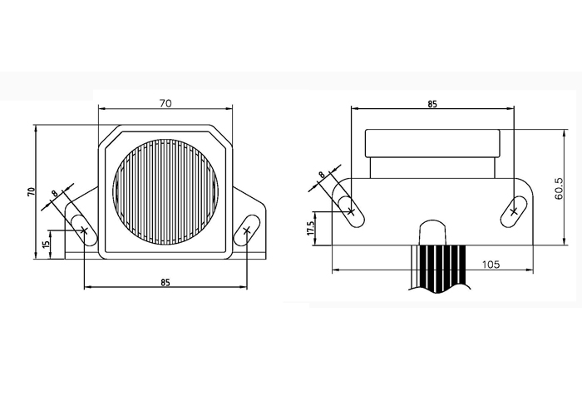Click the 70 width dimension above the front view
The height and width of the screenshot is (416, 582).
[165, 103]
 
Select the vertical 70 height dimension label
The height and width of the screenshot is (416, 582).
[32, 191]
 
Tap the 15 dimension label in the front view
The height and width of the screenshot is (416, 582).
[46, 245]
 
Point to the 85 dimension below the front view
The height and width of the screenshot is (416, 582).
[165, 282]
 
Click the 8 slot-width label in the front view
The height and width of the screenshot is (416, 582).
[55, 194]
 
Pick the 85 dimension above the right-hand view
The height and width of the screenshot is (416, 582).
[432, 104]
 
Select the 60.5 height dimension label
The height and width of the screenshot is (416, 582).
[559, 188]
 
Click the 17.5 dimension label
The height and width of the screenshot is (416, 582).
[311, 228]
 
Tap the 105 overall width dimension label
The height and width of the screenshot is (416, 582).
[491, 265]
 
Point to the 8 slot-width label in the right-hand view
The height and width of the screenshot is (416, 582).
[322, 174]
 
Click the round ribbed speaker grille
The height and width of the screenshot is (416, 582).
[165, 192]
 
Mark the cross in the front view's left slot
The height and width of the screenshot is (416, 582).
[84, 230]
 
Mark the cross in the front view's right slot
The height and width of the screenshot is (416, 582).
[247, 230]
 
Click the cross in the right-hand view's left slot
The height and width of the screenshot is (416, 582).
[351, 211]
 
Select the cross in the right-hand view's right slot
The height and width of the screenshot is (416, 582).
[514, 211]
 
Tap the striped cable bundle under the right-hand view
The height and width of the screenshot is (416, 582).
[440, 268]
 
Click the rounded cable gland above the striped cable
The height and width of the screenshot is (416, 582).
[432, 232]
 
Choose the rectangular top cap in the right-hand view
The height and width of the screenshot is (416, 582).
[432, 143]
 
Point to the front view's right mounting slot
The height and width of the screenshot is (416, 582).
[247, 230]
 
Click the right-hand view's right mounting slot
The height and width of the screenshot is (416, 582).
[514, 211]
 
